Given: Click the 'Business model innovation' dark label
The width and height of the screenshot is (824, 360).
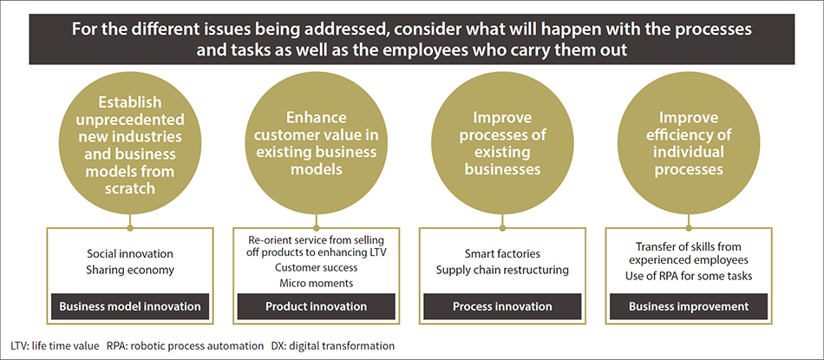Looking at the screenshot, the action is pyautogui.click(x=130, y=306).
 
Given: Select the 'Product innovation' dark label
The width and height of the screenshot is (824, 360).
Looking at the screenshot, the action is pyautogui.click(x=316, y=306).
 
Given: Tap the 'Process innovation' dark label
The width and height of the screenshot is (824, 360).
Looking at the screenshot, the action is pyautogui.click(x=502, y=306).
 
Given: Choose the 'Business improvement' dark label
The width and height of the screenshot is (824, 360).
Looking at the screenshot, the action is pyautogui.click(x=689, y=306).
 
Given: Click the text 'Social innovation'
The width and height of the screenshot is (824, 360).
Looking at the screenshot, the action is pyautogui.click(x=130, y=254).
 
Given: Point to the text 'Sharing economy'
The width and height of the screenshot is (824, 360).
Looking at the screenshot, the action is pyautogui.click(x=130, y=270).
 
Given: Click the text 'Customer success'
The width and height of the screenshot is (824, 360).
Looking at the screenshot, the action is pyautogui.click(x=316, y=267).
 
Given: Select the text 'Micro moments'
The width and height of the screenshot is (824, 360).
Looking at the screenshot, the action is pyautogui.click(x=316, y=284).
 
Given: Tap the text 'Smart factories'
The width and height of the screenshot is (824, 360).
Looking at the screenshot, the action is pyautogui.click(x=502, y=254).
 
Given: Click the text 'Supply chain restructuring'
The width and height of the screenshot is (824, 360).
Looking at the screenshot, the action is pyautogui.click(x=502, y=270).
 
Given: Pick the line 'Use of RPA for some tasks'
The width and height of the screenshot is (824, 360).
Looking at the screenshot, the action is pyautogui.click(x=689, y=275).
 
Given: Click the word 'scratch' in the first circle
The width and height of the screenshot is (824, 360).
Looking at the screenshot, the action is pyautogui.click(x=130, y=188).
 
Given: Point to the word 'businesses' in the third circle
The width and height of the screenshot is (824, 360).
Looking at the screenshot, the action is pyautogui.click(x=502, y=169).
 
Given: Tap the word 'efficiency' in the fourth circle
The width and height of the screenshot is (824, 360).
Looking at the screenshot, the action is pyautogui.click(x=689, y=135).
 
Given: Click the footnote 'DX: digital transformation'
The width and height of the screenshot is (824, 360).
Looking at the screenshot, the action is pyautogui.click(x=333, y=346).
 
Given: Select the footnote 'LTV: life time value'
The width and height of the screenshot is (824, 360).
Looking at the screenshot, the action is pyautogui.click(x=54, y=346).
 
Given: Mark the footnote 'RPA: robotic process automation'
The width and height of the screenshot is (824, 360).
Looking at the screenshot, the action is pyautogui.click(x=185, y=346).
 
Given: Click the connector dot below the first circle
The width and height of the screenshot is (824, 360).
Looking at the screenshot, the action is pyautogui.click(x=130, y=228).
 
